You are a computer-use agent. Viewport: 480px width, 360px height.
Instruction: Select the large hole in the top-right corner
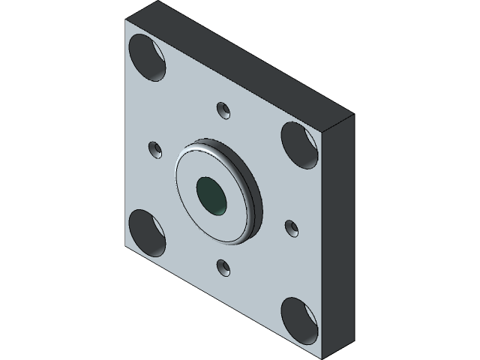coord(301,143)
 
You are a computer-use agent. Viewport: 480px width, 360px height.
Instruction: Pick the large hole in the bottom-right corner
coord(301,319)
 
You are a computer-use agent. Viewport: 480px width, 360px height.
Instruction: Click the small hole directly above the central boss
coord(222,109)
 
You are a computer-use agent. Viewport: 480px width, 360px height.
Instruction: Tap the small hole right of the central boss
coord(291,226)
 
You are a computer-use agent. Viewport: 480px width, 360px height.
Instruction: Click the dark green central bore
coord(211,195)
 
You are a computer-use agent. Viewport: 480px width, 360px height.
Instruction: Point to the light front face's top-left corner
coord(126,20)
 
